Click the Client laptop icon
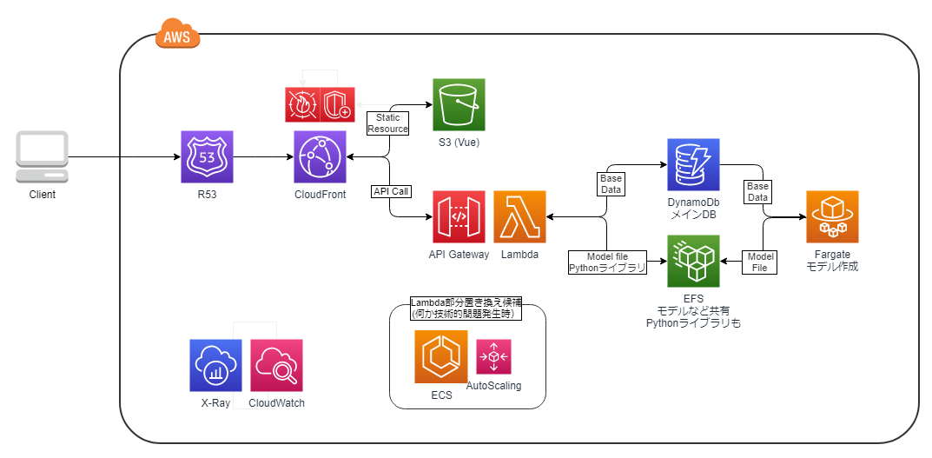pos(42,157)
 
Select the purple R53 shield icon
pos(207,157)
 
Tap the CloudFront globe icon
pos(320,157)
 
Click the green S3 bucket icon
pos(459,104)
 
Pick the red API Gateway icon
pos(459,217)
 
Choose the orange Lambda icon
pos(519,217)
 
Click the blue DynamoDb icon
pos(693,164)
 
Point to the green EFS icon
pos(693,261)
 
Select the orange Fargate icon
pos(832,217)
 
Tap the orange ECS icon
pos(441,356)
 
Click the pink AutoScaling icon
pos(494,356)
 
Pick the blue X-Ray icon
pos(215,365)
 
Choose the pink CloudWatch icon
pos(276,365)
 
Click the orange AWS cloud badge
pos(177,37)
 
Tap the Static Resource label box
pos(387,123)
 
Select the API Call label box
pos(391,191)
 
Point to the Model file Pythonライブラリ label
pos(607,262)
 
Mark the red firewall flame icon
pos(302,103)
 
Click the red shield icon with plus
pos(337,103)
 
